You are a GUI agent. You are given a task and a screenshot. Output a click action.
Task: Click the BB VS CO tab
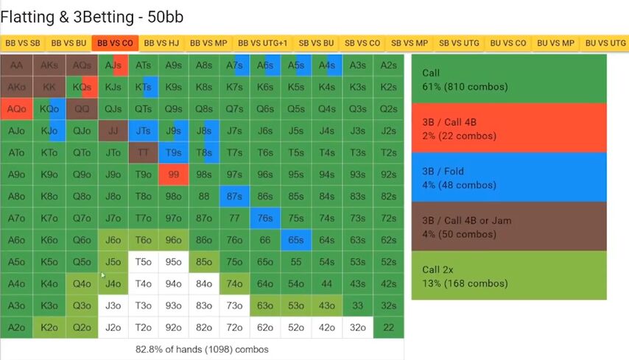tap(115, 43)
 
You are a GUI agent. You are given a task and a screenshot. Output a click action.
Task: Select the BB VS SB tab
tap(23, 43)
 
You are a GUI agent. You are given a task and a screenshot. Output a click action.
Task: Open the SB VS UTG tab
tap(459, 43)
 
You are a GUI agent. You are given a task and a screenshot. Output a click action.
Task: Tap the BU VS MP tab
tap(555, 43)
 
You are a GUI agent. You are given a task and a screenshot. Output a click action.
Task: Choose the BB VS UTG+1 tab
tap(263, 43)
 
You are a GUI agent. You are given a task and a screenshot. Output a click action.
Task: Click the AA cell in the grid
tap(16, 66)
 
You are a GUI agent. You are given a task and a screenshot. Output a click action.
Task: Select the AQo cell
tap(16, 109)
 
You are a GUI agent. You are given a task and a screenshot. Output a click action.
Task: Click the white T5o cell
tap(144, 262)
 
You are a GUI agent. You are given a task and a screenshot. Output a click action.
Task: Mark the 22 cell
tap(388, 328)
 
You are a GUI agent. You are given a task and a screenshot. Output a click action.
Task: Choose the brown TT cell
tap(144, 153)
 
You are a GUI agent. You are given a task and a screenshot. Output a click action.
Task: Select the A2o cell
tap(16, 328)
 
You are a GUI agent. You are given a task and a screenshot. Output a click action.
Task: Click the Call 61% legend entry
tap(508, 80)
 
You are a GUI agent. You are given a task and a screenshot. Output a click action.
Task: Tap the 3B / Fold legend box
tap(508, 177)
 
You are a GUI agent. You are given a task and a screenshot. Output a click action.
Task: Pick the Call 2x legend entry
tap(508, 275)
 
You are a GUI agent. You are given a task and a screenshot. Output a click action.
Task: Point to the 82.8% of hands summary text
tap(203, 349)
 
